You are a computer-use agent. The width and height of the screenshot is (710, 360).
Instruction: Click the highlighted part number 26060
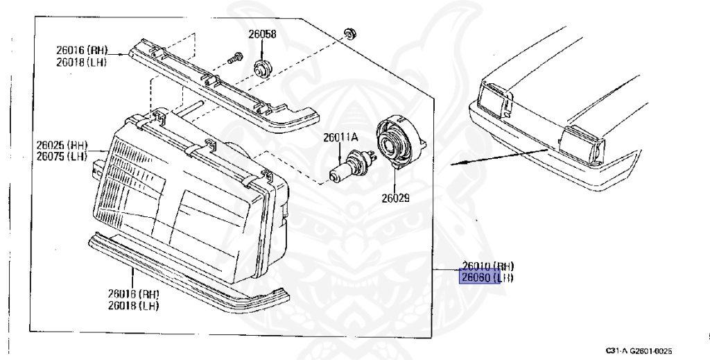(x=476, y=278)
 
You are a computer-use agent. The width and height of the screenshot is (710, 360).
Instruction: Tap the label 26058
(x=263, y=35)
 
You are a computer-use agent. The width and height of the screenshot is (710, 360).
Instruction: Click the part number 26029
(x=395, y=198)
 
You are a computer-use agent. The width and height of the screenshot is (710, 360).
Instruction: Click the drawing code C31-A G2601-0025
(x=639, y=351)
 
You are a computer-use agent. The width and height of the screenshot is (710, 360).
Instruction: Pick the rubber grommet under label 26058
(x=263, y=68)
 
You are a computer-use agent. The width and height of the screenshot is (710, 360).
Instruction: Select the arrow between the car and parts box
(x=499, y=157)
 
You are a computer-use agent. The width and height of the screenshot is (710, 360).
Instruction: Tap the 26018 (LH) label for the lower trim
(x=134, y=306)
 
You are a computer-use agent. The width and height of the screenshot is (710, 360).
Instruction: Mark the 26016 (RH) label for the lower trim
(x=134, y=294)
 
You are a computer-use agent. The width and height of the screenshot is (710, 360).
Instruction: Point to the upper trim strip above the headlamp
(x=222, y=83)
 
